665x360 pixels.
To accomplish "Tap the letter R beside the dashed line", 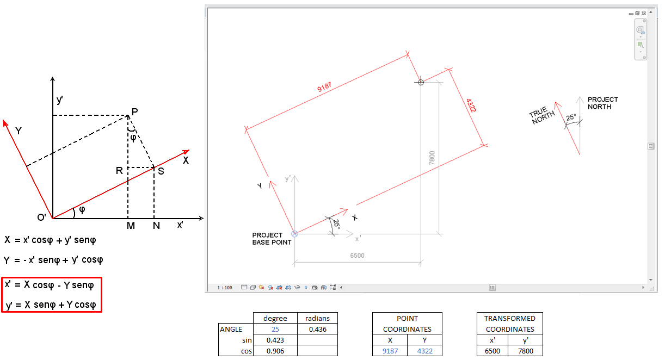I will tap(119, 171).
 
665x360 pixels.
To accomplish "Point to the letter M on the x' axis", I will tap(131, 226).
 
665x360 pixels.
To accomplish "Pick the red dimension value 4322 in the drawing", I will tap(471, 105).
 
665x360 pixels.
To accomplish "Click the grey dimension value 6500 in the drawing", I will tap(357, 256).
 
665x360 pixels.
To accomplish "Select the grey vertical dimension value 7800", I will tap(432, 158).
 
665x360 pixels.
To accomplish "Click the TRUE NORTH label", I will tap(543, 114).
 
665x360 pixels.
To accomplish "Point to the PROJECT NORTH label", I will tap(602, 103).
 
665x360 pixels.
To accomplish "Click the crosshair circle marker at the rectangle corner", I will tap(420, 82).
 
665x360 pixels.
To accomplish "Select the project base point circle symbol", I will tap(294, 234).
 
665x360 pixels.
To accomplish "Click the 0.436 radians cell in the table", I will tap(317, 329).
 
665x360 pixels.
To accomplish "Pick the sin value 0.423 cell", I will tap(275, 340).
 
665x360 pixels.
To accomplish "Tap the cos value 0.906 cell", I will tap(275, 351).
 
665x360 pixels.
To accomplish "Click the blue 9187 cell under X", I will tap(390, 351).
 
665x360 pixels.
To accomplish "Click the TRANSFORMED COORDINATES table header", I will tap(510, 324).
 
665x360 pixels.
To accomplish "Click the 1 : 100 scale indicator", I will tap(224, 287).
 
